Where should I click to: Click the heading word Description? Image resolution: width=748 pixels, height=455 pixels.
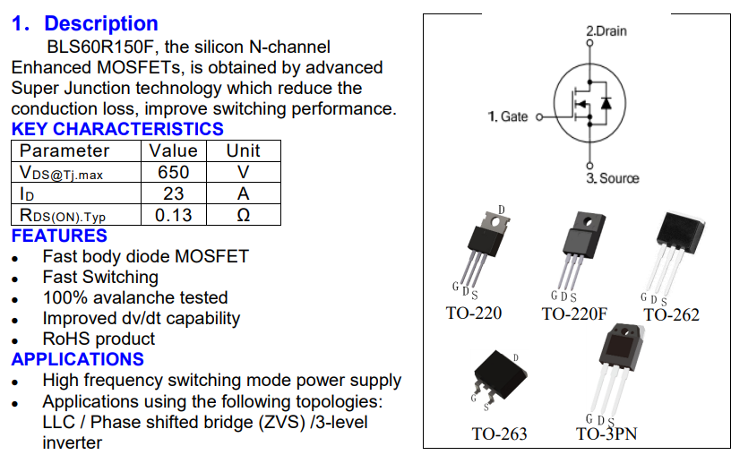[101, 24]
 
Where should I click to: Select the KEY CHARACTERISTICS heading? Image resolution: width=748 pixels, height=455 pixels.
[117, 129]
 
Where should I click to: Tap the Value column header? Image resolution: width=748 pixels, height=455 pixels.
[173, 150]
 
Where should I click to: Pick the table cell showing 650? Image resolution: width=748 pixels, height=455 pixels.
[173, 172]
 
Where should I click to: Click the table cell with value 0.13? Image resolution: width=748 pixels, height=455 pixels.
[173, 215]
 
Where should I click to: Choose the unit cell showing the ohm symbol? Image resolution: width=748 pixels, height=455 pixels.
[243, 215]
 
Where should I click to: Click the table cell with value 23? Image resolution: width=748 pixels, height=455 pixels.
[173, 193]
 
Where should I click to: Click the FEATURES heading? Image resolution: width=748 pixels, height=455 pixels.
[59, 236]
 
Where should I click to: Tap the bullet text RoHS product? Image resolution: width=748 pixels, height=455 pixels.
[99, 339]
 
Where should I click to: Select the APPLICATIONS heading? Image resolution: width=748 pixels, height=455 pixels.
[77, 360]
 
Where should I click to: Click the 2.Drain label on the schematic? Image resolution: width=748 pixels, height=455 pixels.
[606, 31]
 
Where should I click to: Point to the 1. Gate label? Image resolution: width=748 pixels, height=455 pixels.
[508, 116]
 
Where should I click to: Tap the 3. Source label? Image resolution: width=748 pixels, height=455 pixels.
[613, 178]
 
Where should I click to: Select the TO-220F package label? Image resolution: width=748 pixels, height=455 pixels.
[574, 313]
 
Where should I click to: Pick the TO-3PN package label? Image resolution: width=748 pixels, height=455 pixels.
[606, 434]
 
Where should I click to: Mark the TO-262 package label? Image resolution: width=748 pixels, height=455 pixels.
[671, 314]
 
